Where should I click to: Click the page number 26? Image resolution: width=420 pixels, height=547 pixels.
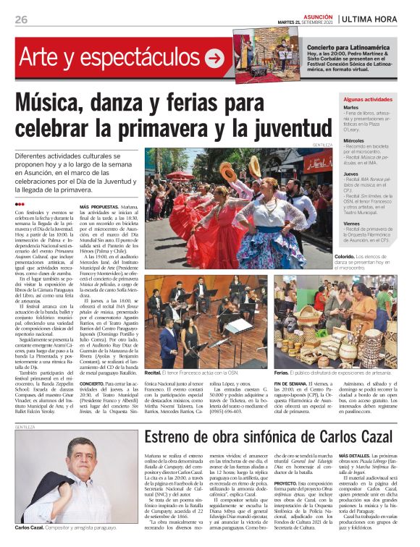pyautogui.click(x=21, y=20)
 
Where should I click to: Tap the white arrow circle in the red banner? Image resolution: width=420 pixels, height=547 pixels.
pyautogui.click(x=214, y=59)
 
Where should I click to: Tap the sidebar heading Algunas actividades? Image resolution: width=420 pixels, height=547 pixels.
pyautogui.click(x=368, y=98)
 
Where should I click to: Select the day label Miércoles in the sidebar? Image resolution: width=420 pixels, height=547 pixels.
pyautogui.click(x=355, y=141)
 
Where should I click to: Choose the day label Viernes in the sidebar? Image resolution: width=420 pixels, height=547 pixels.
pyautogui.click(x=353, y=225)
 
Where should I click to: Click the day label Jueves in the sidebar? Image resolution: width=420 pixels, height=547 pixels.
pyautogui.click(x=351, y=175)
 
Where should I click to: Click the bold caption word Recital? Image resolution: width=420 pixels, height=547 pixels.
pyautogui.click(x=153, y=372)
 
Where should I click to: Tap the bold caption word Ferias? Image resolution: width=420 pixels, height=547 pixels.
pyautogui.click(x=282, y=373)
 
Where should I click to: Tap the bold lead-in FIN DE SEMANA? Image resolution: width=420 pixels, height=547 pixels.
pyautogui.click(x=292, y=382)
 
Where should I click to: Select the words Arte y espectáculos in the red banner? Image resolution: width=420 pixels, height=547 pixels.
pyautogui.click(x=109, y=59)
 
